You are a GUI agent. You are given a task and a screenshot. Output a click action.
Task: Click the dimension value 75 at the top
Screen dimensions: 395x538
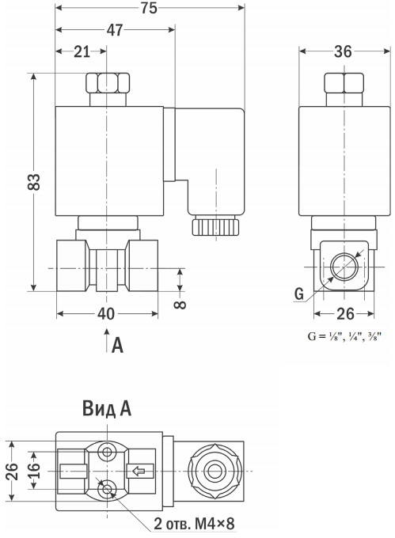149,8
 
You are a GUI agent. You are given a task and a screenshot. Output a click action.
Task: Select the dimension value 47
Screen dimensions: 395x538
115,30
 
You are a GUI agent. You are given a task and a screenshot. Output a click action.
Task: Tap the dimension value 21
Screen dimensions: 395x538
82,51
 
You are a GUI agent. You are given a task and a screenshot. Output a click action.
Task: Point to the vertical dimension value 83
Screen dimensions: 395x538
34,182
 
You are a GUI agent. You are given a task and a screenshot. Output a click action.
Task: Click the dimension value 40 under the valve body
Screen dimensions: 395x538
106,313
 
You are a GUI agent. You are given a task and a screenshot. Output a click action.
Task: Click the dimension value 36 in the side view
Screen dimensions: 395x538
344,51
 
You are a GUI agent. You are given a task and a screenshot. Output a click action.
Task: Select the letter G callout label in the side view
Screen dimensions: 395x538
299,294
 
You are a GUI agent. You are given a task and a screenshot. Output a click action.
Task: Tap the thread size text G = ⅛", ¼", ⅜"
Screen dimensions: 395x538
344,336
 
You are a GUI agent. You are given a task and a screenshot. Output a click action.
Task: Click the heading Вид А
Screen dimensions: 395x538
107,409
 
